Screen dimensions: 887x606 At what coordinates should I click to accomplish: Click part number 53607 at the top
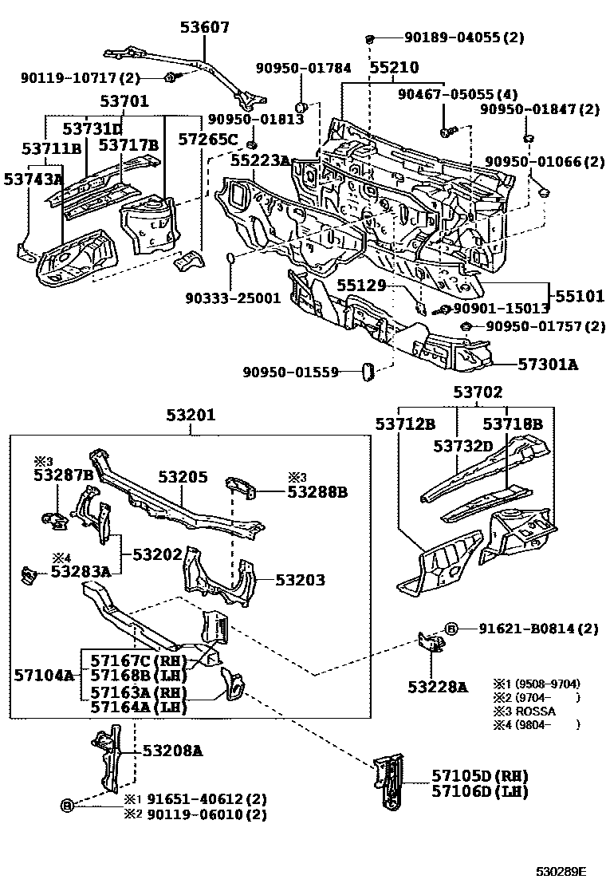204,28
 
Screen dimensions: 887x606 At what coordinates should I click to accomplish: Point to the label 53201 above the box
191,416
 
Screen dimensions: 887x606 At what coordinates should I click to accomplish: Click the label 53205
183,477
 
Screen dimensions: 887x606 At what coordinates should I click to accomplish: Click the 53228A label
438,686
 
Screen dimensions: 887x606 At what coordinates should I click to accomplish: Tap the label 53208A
172,751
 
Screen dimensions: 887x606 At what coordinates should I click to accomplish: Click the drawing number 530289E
561,873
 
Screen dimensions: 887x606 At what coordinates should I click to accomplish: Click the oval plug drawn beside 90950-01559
368,372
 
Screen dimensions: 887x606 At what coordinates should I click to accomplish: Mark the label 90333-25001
232,298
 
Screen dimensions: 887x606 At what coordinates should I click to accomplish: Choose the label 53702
478,392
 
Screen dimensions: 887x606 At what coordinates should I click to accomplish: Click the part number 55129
360,285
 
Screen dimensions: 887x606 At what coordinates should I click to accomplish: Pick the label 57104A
44,676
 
